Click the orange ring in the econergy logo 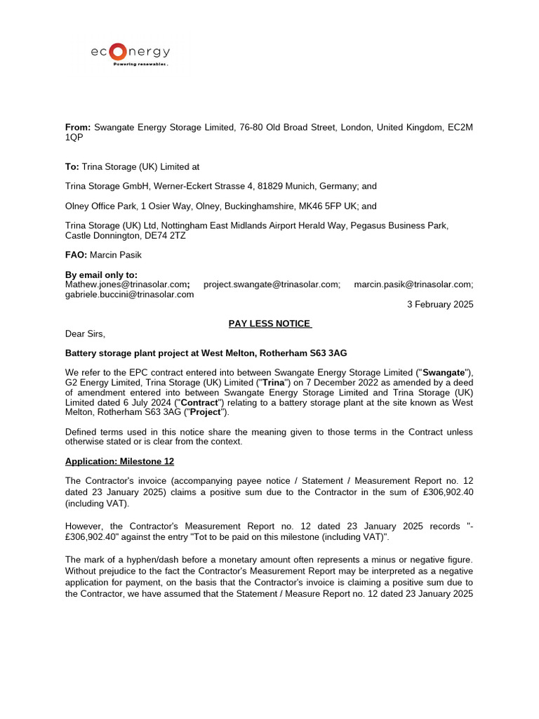pos(119,51)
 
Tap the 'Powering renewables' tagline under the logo pos(141,64)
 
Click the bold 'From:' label pos(78,127)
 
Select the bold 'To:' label pos(72,167)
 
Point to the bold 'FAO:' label pos(76,255)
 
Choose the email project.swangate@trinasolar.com pos(272,284)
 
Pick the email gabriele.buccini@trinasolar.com pos(129,294)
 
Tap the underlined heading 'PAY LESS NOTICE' pos(269,324)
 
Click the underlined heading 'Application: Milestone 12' pos(119,461)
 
